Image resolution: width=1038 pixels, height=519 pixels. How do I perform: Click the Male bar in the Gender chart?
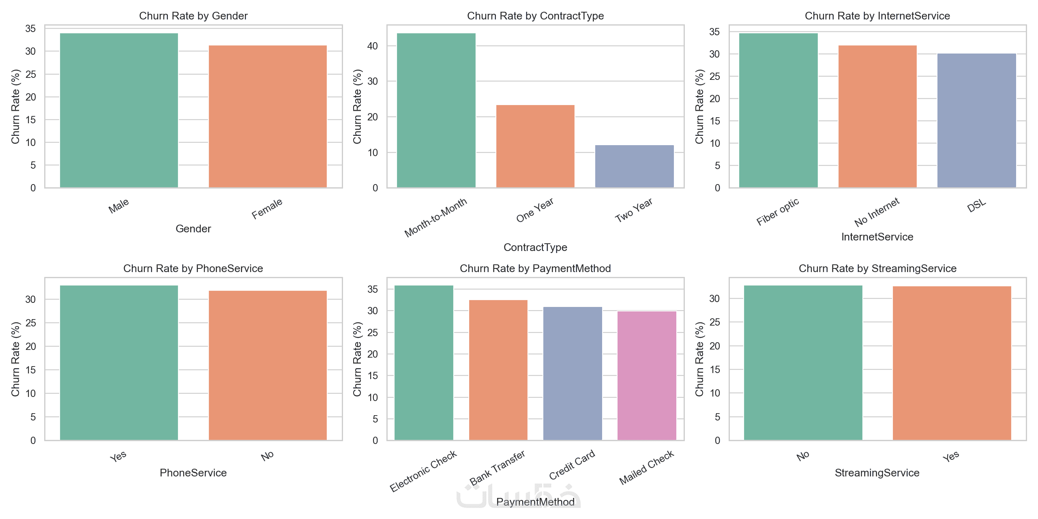(119, 110)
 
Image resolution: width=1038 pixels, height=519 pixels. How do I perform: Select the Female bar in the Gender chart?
(268, 116)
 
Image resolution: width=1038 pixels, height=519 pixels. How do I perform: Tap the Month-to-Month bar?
(436, 110)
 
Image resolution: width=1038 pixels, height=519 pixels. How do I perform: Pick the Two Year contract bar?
(635, 166)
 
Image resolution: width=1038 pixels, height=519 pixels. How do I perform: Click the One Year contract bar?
(535, 146)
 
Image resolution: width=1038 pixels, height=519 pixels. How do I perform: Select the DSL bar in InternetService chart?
(977, 120)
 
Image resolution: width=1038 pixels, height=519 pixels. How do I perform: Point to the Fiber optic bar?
(778, 110)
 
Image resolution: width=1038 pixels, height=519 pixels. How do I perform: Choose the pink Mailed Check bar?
(647, 375)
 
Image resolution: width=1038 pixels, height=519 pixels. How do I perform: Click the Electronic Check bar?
(424, 363)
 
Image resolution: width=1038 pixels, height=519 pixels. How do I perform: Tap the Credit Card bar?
(573, 373)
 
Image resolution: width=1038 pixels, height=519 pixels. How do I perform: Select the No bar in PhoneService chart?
(268, 365)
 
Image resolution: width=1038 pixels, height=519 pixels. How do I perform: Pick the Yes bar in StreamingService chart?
(952, 363)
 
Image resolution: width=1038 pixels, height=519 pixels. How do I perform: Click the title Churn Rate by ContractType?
(535, 16)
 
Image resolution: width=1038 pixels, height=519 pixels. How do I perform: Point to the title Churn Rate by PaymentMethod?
(535, 268)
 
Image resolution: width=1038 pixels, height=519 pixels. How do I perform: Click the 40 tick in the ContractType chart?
(373, 46)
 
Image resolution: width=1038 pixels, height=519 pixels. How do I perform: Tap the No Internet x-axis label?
(877, 212)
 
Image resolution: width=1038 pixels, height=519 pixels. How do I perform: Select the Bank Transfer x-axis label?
(497, 468)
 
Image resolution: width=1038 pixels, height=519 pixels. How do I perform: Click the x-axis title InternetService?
(877, 237)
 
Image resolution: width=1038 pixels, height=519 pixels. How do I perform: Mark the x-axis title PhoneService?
(193, 473)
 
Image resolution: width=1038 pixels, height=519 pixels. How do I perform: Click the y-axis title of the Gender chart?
(15, 107)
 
